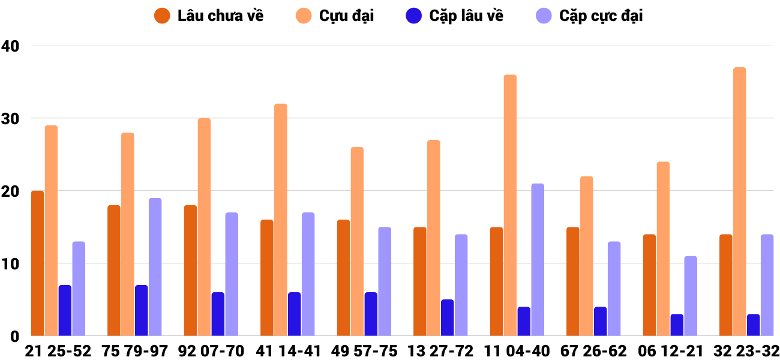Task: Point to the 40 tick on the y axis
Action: pos(11,46)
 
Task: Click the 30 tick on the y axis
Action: pos(11,119)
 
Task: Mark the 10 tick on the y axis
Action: pos(11,264)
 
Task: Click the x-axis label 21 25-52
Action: pos(58,350)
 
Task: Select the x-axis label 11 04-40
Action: pos(517,350)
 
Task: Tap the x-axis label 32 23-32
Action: pos(746,350)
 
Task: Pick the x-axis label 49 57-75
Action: pos(364,350)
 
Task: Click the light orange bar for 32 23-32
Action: pos(739,202)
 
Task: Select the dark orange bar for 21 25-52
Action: pos(38,263)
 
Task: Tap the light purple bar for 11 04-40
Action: pos(538,260)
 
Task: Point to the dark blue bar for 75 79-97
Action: pos(142,310)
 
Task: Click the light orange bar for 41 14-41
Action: pos(281,220)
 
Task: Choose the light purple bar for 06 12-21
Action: pos(691,296)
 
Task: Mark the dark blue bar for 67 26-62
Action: pos(601,321)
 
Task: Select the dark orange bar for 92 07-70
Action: pos(190,271)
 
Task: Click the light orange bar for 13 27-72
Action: pos(434,238)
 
